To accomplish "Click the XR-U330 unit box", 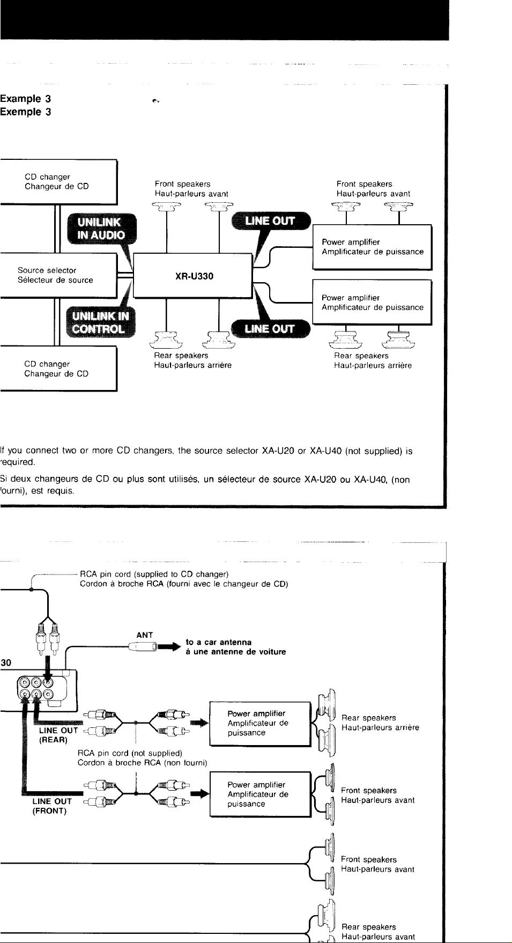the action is tap(192, 276).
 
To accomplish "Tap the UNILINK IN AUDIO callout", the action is tap(101, 229).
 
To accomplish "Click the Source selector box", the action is tap(58, 275).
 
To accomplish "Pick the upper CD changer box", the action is tap(58, 182).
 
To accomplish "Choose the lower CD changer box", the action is tap(58, 369).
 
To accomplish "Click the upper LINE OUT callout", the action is tap(271, 220).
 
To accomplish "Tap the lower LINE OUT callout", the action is tap(270, 329).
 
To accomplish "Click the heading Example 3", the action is tap(26, 99).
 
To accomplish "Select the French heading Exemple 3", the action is tap(26, 112).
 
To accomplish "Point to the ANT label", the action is tap(145, 635).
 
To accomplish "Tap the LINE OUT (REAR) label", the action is tap(58, 735).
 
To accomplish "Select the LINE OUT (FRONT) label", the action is tap(52, 806).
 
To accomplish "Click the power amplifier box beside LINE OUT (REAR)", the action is tap(261, 724).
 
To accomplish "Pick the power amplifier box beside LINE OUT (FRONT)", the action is tap(261, 794).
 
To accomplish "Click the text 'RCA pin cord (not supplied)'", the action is tap(130, 753).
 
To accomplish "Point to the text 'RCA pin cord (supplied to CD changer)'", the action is tap(154, 574).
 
